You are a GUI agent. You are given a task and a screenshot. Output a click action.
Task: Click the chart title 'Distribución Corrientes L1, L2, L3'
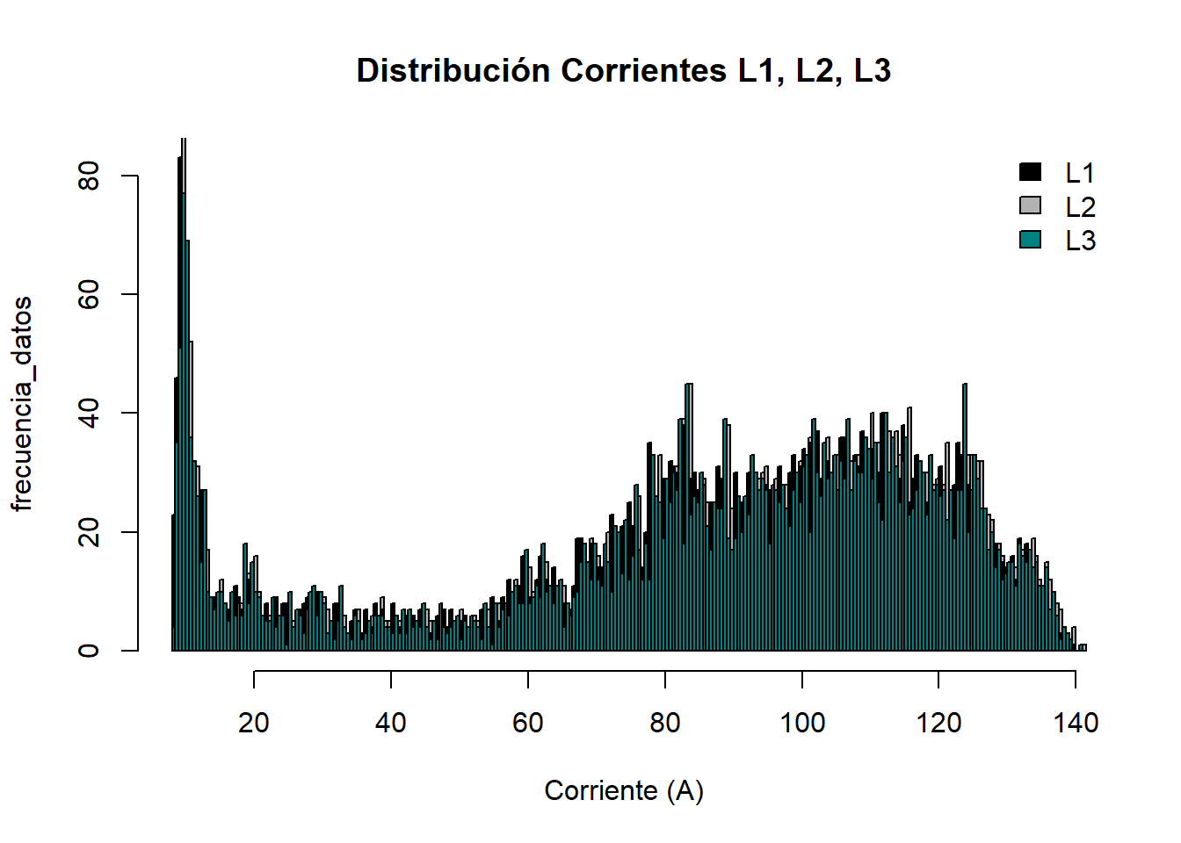(x=623, y=70)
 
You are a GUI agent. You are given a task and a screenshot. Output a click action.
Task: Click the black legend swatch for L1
(x=1030, y=172)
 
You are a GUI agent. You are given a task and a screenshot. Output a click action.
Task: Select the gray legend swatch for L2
(x=1030, y=205)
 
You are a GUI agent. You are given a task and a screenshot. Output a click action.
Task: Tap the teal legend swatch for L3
(x=1030, y=239)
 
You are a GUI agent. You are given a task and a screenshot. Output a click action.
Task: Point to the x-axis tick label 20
(x=254, y=723)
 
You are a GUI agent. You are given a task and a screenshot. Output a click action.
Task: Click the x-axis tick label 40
(x=391, y=723)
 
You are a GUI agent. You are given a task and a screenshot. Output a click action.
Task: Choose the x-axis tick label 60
(x=528, y=723)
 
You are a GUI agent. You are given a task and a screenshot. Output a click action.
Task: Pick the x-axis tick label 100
(x=802, y=723)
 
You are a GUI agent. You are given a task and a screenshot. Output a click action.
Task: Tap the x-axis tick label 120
(x=938, y=723)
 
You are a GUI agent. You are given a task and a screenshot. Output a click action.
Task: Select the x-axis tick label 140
(x=1076, y=723)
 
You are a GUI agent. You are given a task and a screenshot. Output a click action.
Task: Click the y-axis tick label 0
(x=89, y=651)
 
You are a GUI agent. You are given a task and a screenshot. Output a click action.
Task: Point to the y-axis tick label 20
(x=89, y=532)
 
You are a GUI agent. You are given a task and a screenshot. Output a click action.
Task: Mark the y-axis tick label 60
(x=89, y=294)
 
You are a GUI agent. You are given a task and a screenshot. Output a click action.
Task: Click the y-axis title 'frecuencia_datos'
(x=22, y=403)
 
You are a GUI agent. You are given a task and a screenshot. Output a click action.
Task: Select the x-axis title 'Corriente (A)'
(x=624, y=790)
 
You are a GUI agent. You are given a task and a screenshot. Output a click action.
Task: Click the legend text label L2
(x=1080, y=207)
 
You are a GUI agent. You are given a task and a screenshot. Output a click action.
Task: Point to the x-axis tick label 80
(x=665, y=723)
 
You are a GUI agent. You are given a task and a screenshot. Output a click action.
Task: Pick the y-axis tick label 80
(x=89, y=176)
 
